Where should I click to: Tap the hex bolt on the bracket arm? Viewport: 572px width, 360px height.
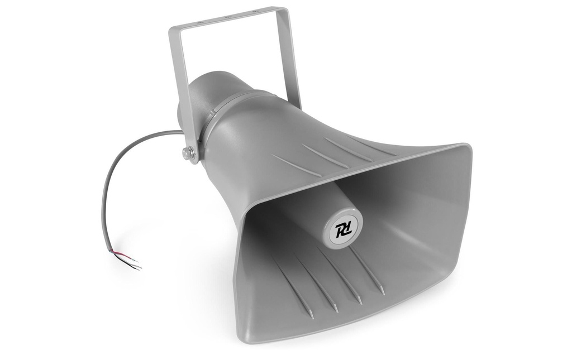pyautogui.click(x=189, y=153)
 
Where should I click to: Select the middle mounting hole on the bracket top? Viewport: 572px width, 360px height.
pyautogui.click(x=227, y=17)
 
